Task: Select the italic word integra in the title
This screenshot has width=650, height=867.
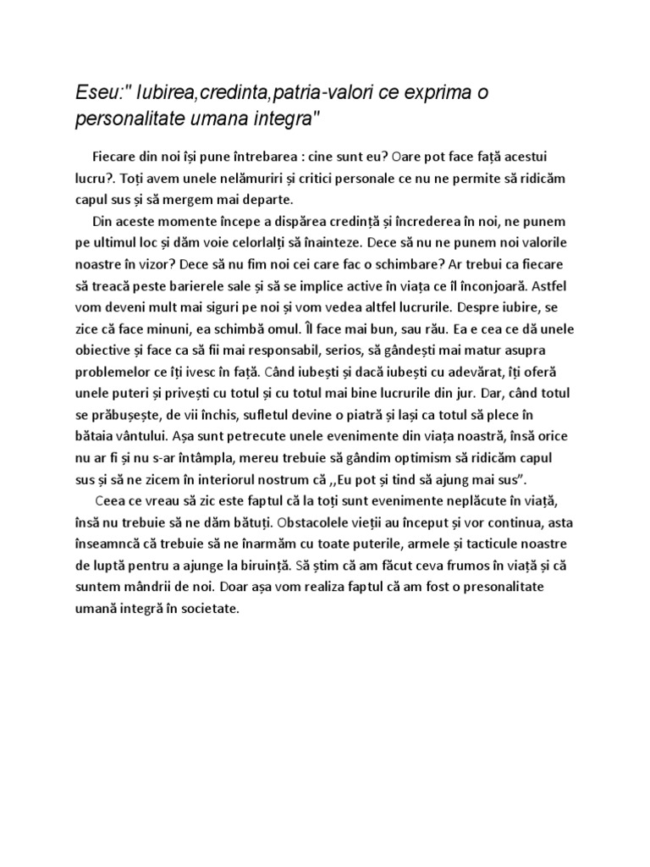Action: click(283, 117)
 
